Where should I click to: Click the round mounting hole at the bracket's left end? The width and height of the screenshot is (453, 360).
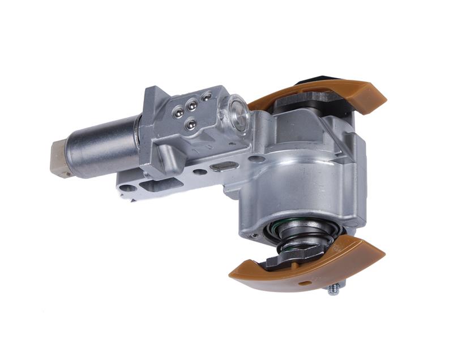129,188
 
